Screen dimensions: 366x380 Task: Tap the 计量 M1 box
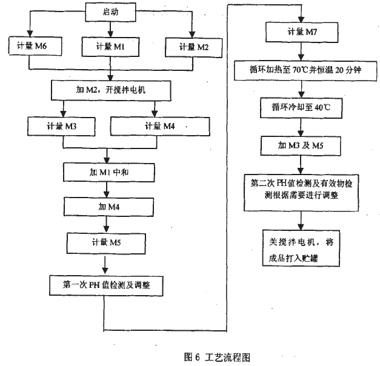click(x=110, y=45)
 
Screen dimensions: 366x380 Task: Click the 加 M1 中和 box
click(x=106, y=172)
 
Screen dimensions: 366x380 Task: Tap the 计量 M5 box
click(x=106, y=244)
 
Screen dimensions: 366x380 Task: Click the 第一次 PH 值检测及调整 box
click(x=107, y=284)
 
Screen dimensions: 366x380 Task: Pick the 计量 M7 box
click(x=300, y=31)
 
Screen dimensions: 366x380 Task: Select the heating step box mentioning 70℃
click(x=301, y=70)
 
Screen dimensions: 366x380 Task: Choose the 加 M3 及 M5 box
click(x=300, y=145)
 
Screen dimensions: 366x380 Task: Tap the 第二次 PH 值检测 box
click(x=301, y=189)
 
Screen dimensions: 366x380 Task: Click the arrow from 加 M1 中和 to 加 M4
click(x=107, y=190)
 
